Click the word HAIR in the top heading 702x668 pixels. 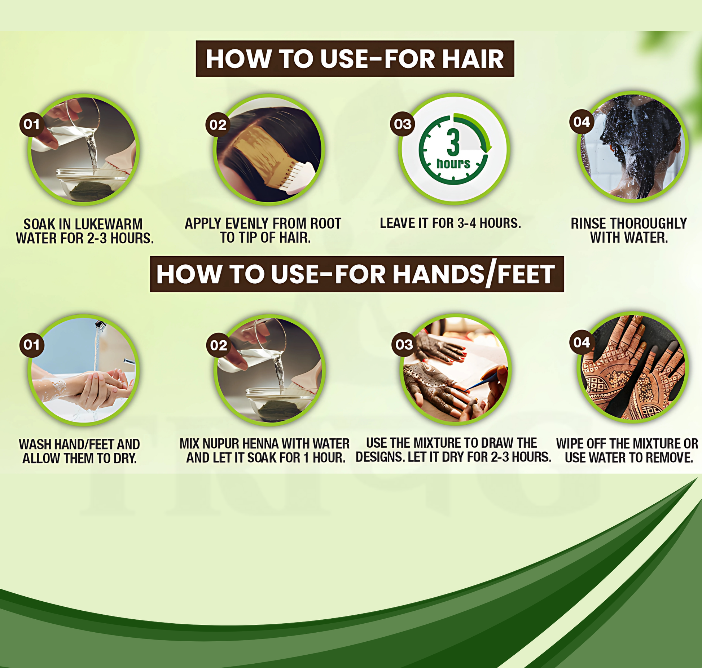point(473,59)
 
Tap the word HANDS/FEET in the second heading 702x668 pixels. point(474,274)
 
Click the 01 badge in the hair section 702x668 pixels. point(32,124)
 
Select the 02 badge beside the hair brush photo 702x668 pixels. point(218,125)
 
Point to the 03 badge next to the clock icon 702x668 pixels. point(402,124)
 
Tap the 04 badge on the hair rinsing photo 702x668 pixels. point(582,122)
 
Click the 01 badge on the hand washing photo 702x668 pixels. point(32,345)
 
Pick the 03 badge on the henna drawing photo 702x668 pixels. point(404,345)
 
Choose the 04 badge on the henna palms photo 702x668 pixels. point(582,342)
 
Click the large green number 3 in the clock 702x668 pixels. point(453,142)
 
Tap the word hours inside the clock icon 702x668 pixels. point(453,164)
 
